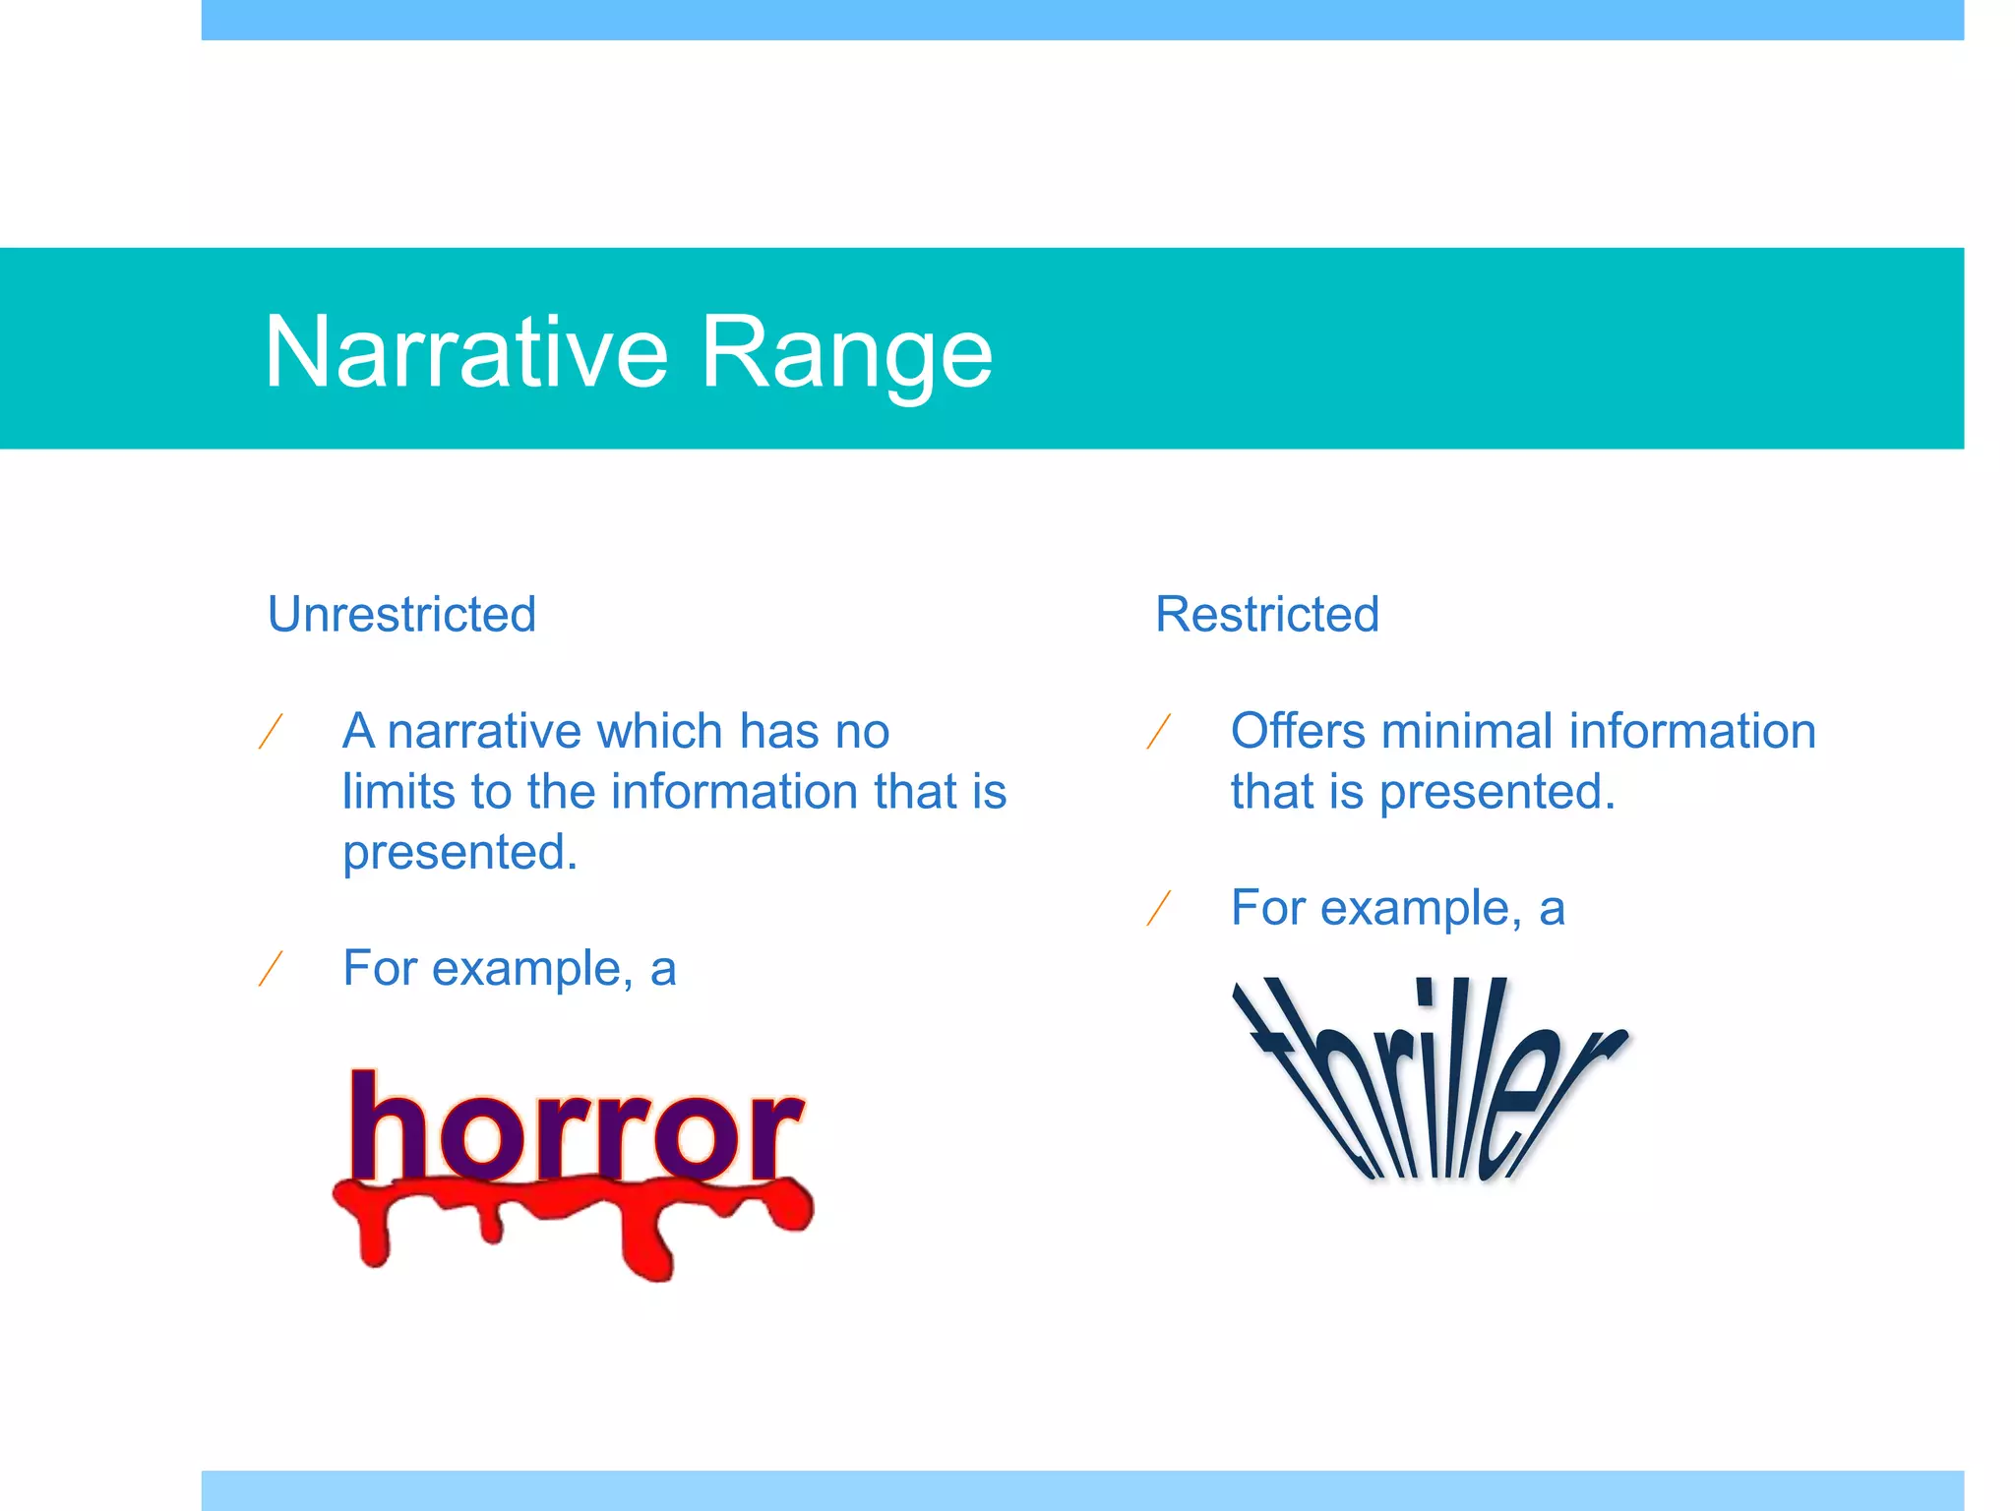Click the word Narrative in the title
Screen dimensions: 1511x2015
tap(466, 352)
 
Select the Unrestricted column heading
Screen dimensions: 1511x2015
tap(401, 615)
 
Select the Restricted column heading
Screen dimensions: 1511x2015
tap(1266, 615)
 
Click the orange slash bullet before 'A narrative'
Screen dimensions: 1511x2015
tap(271, 732)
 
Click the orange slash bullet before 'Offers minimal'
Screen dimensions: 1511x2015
tap(1159, 732)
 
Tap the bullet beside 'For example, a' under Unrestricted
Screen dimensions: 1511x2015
tap(271, 969)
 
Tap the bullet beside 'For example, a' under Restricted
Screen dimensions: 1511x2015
tap(1159, 908)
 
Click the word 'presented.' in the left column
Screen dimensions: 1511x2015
tap(459, 853)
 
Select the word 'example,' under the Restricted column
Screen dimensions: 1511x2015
tap(1420, 908)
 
